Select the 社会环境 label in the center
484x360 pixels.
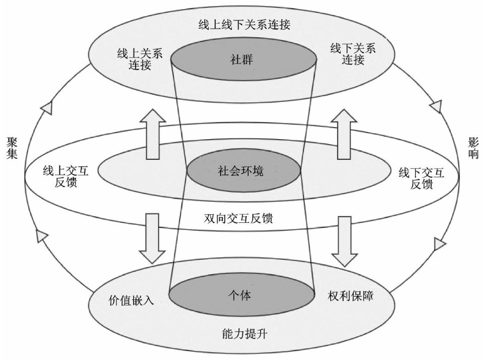pos(240,170)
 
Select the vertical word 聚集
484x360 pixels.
pos(13,147)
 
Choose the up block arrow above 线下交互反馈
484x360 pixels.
pos(344,134)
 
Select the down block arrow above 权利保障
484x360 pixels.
pos(345,241)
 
